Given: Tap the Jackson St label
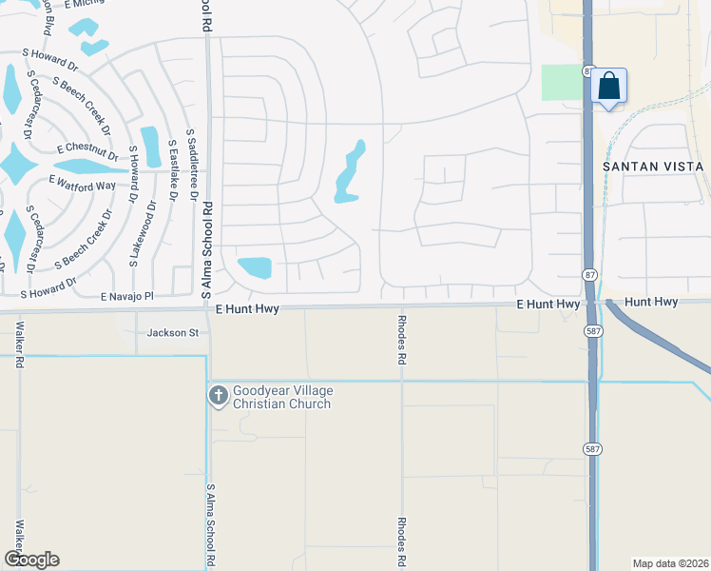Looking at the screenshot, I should point(172,333).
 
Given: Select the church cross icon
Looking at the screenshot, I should point(218,395).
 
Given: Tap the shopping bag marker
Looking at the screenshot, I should point(608,88).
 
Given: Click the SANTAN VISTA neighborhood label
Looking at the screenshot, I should point(654,167).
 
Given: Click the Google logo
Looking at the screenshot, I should point(31,560).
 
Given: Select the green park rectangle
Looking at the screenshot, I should point(561,83).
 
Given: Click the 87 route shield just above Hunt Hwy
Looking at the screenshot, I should point(589,274).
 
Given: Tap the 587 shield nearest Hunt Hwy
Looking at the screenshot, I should point(593,330).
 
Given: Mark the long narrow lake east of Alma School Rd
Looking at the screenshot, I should point(350,172).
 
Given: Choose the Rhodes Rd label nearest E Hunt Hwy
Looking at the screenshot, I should point(401,342).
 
